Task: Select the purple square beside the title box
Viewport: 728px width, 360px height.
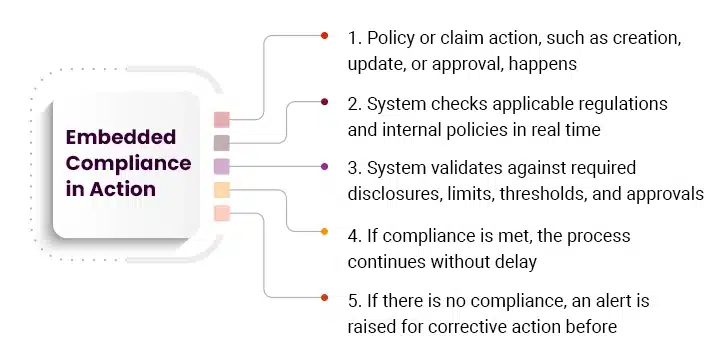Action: click(x=222, y=166)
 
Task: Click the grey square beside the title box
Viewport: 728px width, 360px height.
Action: click(x=222, y=143)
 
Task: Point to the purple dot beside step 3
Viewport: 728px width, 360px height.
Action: click(x=324, y=166)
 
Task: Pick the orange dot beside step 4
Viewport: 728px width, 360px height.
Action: click(x=324, y=232)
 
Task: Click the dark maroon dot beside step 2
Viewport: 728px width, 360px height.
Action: click(x=324, y=102)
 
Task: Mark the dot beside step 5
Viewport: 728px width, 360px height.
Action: click(x=324, y=297)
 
